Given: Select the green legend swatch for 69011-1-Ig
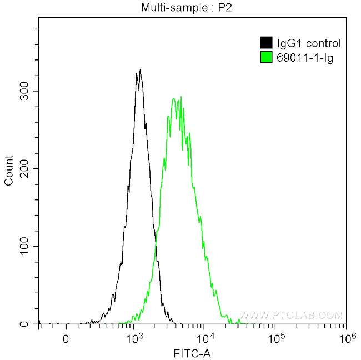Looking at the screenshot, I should [x=266, y=57].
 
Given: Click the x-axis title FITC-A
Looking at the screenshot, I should [x=192, y=352].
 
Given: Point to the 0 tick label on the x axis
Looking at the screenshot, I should [x=66, y=338].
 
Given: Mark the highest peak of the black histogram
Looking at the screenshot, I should [x=140, y=69].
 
